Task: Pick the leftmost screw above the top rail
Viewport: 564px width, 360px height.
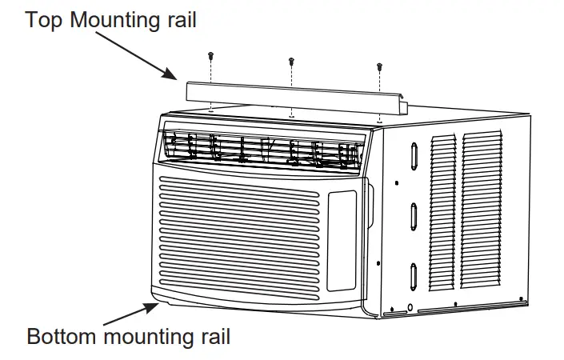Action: tap(210, 55)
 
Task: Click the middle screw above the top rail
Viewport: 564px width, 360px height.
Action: tap(291, 61)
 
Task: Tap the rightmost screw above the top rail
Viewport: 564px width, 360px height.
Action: tap(378, 67)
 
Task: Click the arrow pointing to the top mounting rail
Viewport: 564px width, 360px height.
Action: tap(144, 55)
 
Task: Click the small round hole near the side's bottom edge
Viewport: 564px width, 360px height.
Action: tap(410, 307)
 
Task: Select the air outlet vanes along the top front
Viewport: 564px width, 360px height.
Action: tap(264, 150)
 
